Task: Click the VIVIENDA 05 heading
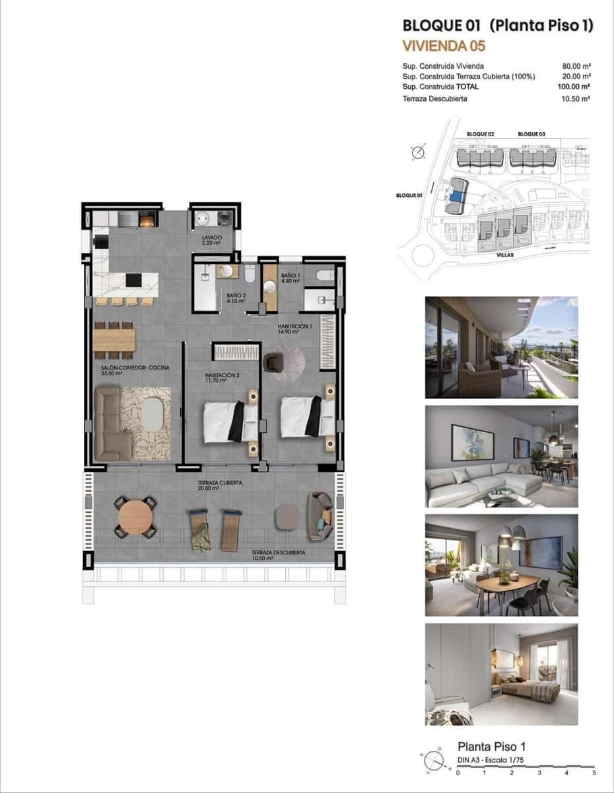[444, 46]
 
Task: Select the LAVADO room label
[213, 237]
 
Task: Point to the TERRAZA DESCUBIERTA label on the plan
[278, 552]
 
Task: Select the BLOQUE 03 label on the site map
[531, 134]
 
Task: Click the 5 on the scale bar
[594, 772]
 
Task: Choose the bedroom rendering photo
[501, 674]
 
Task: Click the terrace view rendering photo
[501, 347]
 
